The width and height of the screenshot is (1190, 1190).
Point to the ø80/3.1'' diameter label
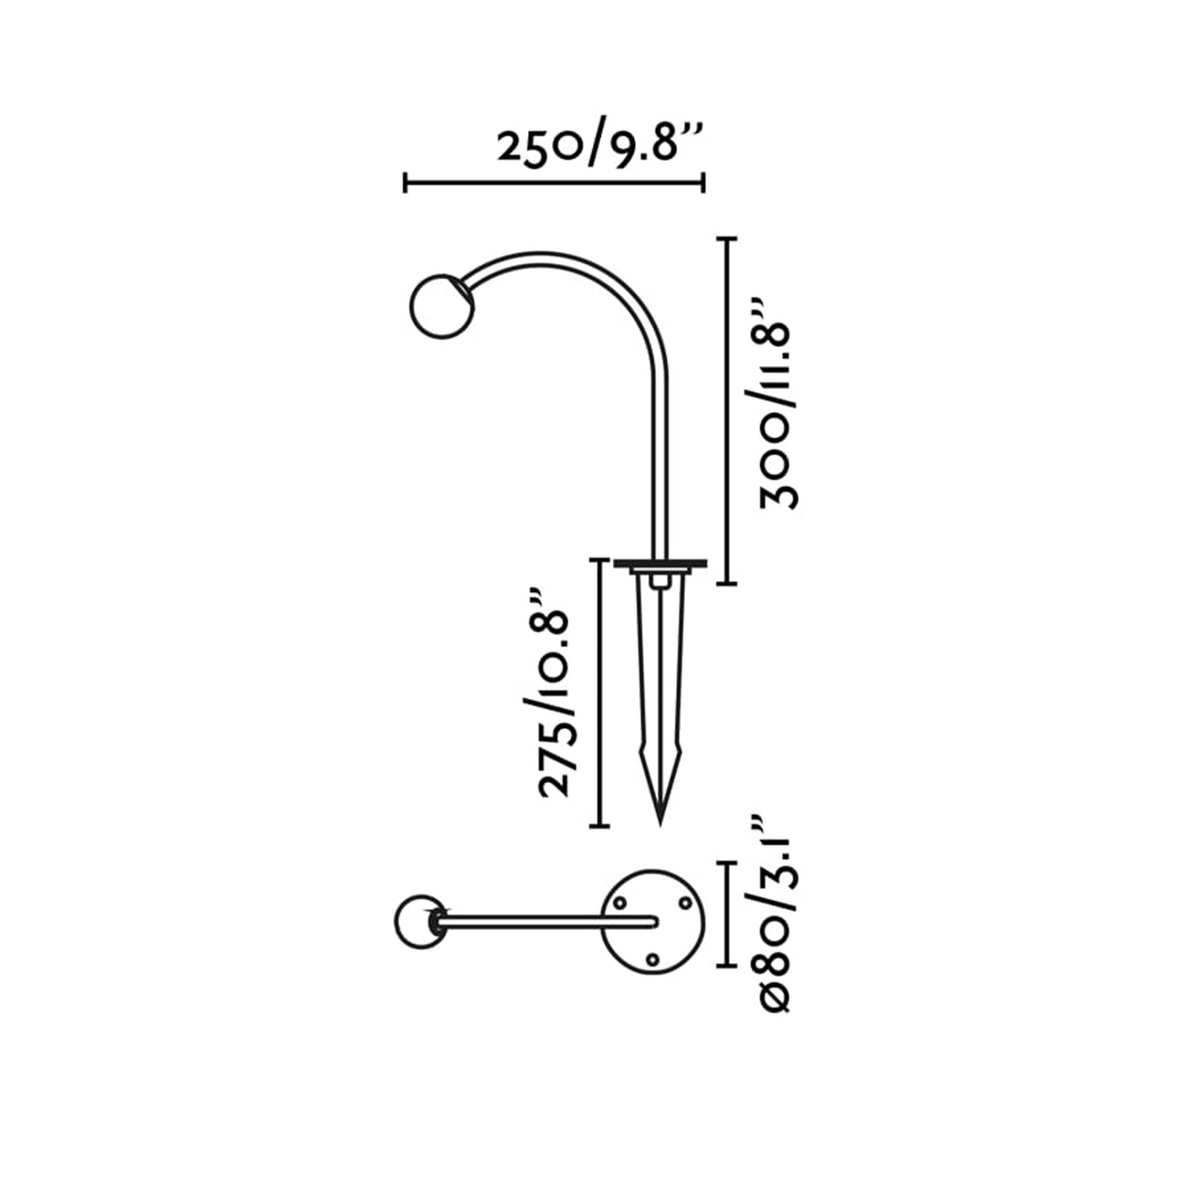click(x=776, y=914)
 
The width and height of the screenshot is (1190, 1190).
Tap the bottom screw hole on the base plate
click(x=652, y=959)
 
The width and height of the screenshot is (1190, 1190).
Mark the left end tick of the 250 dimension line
click(x=405, y=182)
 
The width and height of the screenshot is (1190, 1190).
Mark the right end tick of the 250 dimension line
click(x=703, y=182)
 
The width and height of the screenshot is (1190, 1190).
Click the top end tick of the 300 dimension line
click(x=726, y=238)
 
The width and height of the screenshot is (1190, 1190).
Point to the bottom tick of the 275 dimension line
click(x=599, y=826)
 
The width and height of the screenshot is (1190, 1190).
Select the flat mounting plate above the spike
click(x=659, y=563)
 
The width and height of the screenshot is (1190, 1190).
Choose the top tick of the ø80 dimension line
click(x=726, y=863)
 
